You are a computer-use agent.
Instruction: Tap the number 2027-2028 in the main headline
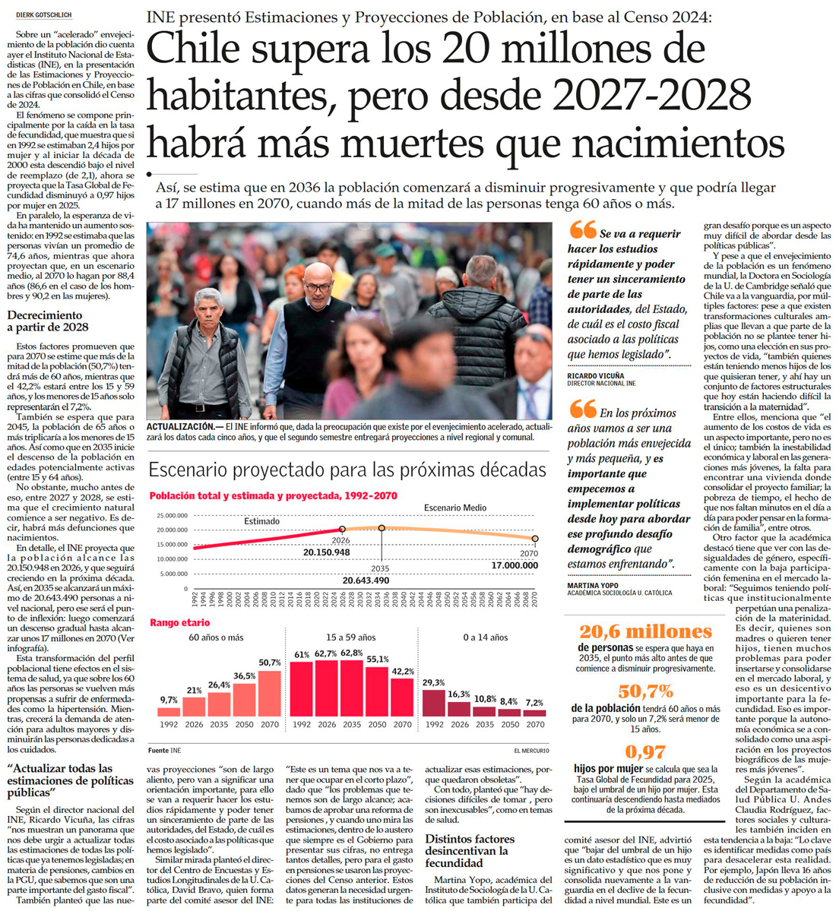tap(652, 96)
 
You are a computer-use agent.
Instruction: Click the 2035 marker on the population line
tap(382, 528)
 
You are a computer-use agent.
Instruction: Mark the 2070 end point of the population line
tap(535, 539)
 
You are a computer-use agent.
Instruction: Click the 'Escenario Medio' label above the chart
tap(455, 508)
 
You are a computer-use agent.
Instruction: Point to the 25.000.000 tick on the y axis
tap(172, 516)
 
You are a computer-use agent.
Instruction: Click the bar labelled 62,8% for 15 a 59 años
tap(351, 688)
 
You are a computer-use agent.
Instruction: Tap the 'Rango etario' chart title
tap(179, 622)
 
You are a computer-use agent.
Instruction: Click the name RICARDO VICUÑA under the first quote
tap(596, 375)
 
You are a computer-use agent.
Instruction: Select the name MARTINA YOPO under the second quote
tap(593, 585)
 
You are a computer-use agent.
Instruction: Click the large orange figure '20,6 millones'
tap(645, 631)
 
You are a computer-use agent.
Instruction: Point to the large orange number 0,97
tap(644, 752)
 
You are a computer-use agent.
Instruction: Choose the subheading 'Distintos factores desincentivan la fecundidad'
tap(470, 851)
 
